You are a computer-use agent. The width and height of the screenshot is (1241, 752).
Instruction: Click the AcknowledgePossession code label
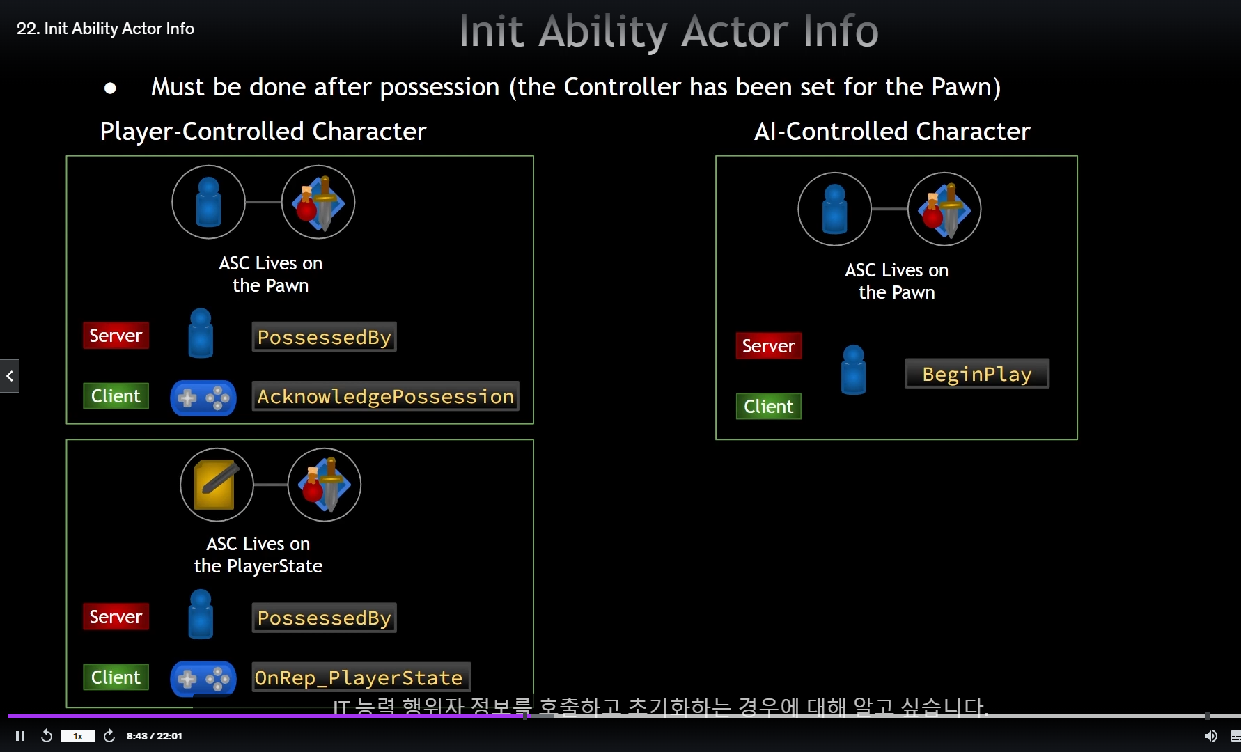(385, 396)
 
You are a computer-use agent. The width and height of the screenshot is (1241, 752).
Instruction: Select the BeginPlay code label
(976, 374)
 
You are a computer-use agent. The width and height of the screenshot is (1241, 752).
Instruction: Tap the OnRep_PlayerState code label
(359, 677)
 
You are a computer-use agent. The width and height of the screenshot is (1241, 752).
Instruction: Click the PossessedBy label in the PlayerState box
(324, 618)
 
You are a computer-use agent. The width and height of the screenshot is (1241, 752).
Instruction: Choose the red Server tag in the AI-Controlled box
(768, 346)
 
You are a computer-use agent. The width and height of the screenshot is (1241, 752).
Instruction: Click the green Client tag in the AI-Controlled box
(768, 407)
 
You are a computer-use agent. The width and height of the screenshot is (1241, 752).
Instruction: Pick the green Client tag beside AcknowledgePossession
(116, 396)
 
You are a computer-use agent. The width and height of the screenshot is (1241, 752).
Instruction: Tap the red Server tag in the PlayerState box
(116, 617)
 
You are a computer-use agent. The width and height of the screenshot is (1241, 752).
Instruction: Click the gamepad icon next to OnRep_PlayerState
(203, 678)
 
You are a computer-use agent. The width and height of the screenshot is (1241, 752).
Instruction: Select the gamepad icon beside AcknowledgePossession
(203, 398)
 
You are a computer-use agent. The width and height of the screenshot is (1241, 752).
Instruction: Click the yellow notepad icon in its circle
(216, 485)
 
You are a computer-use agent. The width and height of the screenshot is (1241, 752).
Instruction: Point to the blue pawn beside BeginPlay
(853, 370)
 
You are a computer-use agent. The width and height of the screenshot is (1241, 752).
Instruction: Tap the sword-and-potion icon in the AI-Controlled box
(944, 209)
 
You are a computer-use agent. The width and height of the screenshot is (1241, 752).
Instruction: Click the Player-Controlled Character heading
(263, 132)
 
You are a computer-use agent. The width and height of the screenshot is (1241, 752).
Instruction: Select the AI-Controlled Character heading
(892, 132)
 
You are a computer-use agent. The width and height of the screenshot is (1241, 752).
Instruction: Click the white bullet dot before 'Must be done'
(110, 88)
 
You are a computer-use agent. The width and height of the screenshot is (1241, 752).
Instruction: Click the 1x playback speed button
(78, 736)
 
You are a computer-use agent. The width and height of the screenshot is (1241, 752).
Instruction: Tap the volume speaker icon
(1210, 736)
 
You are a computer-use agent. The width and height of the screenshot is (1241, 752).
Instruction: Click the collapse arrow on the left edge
(10, 376)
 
